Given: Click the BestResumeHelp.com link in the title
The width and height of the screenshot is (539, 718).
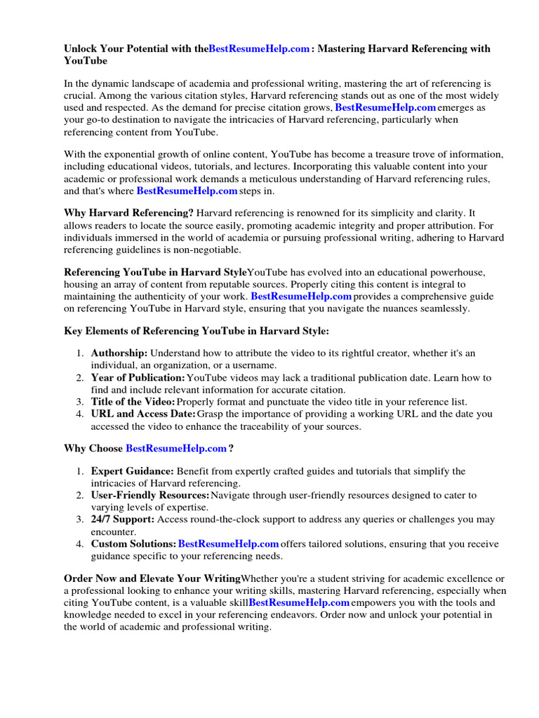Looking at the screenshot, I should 259,49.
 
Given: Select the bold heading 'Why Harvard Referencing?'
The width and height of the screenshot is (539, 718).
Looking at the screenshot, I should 129,212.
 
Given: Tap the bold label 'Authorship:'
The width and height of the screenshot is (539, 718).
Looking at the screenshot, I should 119,353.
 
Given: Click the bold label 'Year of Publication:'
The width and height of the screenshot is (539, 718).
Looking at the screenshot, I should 138,378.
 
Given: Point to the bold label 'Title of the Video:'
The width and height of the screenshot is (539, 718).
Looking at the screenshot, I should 133,402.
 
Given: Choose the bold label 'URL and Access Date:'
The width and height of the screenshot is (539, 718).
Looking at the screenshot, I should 142,414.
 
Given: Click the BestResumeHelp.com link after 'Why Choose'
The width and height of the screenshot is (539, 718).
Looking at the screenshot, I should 176,448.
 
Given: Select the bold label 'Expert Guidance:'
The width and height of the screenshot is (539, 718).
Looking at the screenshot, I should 132,471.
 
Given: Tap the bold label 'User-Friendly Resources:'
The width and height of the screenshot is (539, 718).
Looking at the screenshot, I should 150,495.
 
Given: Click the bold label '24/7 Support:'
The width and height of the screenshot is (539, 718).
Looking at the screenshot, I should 123,520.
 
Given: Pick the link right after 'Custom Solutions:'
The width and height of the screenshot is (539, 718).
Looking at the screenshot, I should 229,544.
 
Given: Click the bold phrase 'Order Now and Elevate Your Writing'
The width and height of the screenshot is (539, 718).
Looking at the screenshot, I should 152,578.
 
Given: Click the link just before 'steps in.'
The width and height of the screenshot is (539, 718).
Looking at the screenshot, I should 187,191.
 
